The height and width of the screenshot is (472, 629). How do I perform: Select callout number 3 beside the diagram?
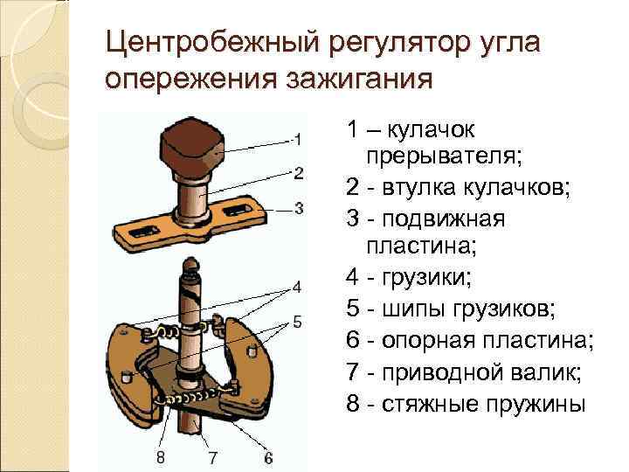pos(298,208)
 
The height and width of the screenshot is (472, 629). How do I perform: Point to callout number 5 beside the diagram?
pos(297,323)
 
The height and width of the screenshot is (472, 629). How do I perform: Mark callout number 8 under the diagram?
pos(160,457)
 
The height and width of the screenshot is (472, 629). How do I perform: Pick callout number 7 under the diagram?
pos(212,457)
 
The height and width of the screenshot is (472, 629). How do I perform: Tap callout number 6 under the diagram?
pos(267,457)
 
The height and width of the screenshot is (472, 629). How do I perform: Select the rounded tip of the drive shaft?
pos(190,266)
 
